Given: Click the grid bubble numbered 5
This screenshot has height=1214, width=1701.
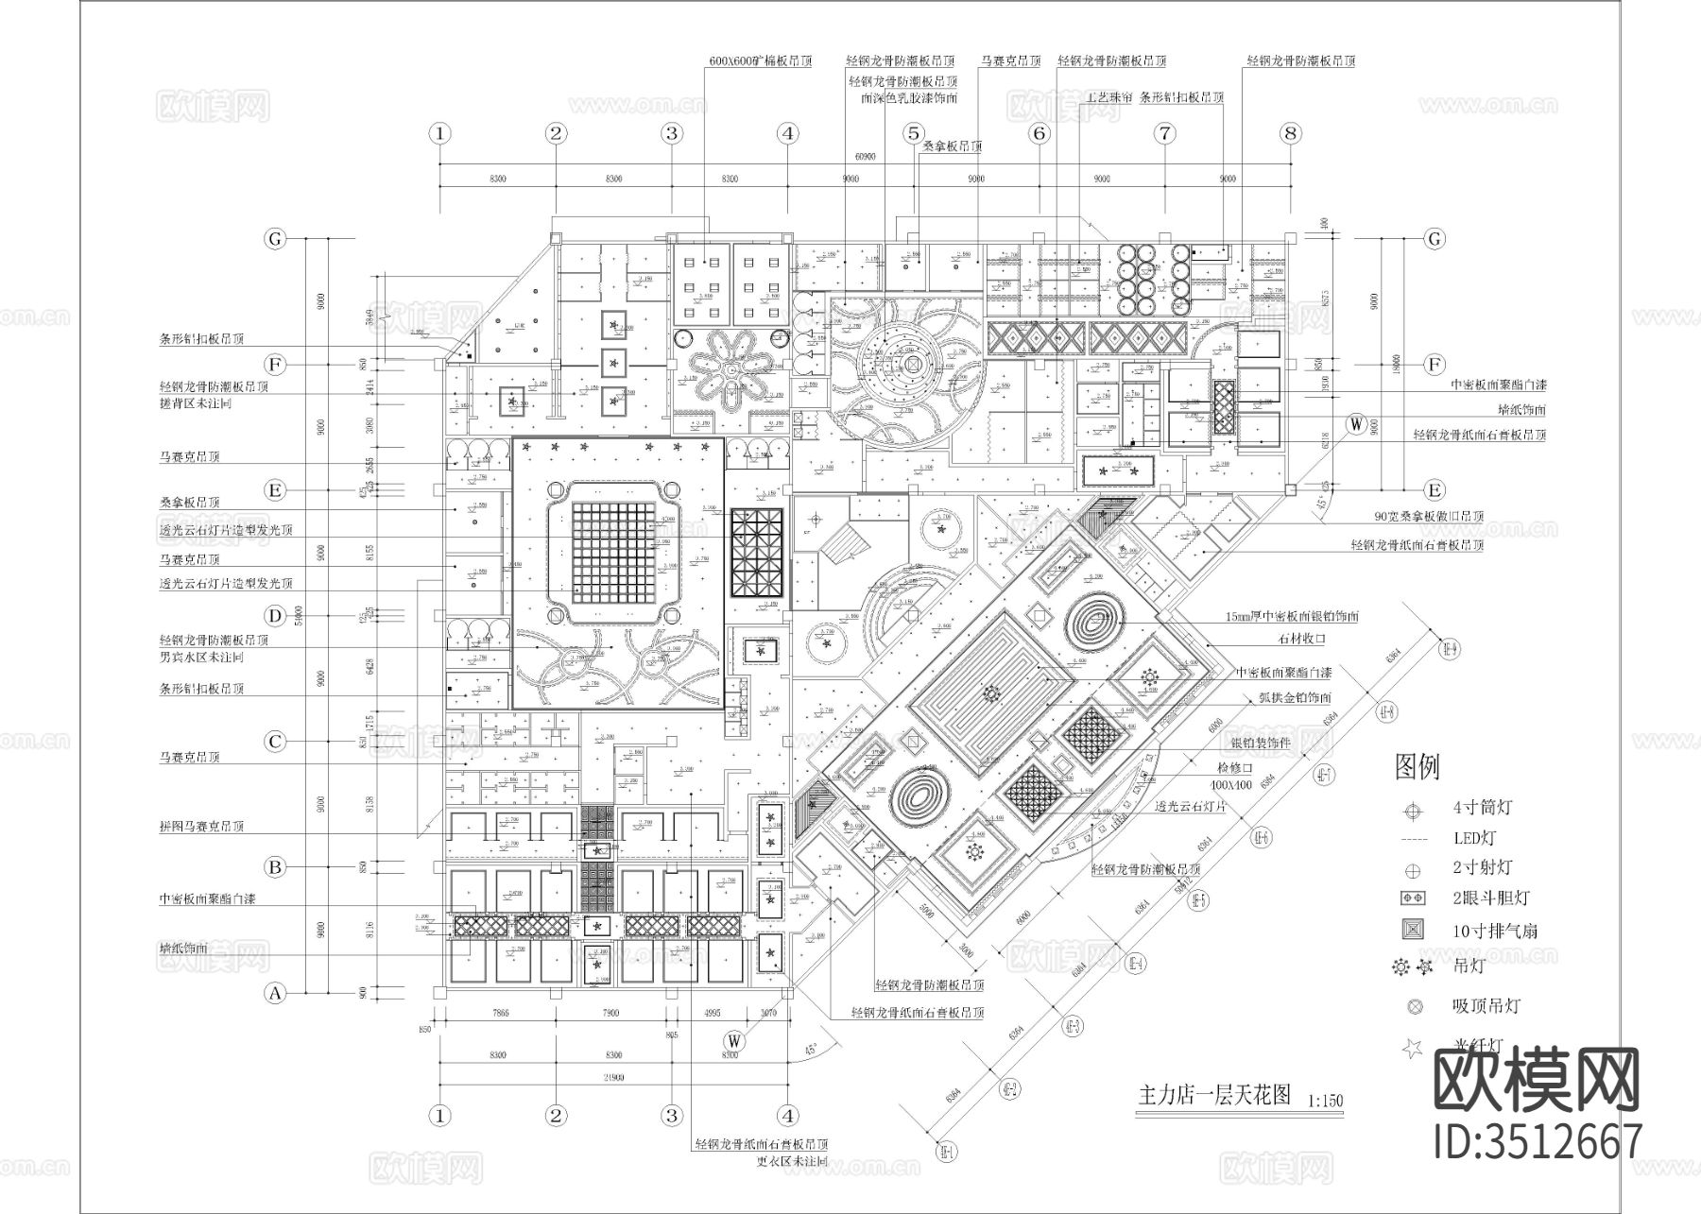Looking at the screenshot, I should pos(913,133).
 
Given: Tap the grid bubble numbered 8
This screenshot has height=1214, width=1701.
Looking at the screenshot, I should pos(1291,133).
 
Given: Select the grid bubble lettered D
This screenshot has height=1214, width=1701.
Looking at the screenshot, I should pos(275,617).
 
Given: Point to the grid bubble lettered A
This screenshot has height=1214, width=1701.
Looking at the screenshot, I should pos(275,993).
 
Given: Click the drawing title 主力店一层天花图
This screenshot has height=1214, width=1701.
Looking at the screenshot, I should pos(1214,1095).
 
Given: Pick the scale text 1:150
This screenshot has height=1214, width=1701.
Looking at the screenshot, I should pos(1326,1101).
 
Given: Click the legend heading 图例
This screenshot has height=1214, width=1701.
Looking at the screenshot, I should pos(1417,767).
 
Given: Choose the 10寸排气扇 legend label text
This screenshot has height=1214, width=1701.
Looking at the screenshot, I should pos(1495,931).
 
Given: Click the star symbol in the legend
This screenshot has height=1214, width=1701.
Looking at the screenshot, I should pos(1413,1048).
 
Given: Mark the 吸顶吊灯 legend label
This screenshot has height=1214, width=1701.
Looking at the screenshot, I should pos(1486,1006).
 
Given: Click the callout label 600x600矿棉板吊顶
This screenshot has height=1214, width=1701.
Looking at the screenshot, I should pos(760,60).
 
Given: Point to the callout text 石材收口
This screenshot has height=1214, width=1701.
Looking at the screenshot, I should pos(1302,639).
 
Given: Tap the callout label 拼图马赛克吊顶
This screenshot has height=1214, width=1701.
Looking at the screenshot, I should pos(201,826).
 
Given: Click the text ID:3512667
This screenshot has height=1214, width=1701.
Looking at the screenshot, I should pos(1538,1141).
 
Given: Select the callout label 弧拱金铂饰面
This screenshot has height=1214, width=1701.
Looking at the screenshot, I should pos(1296,698).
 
